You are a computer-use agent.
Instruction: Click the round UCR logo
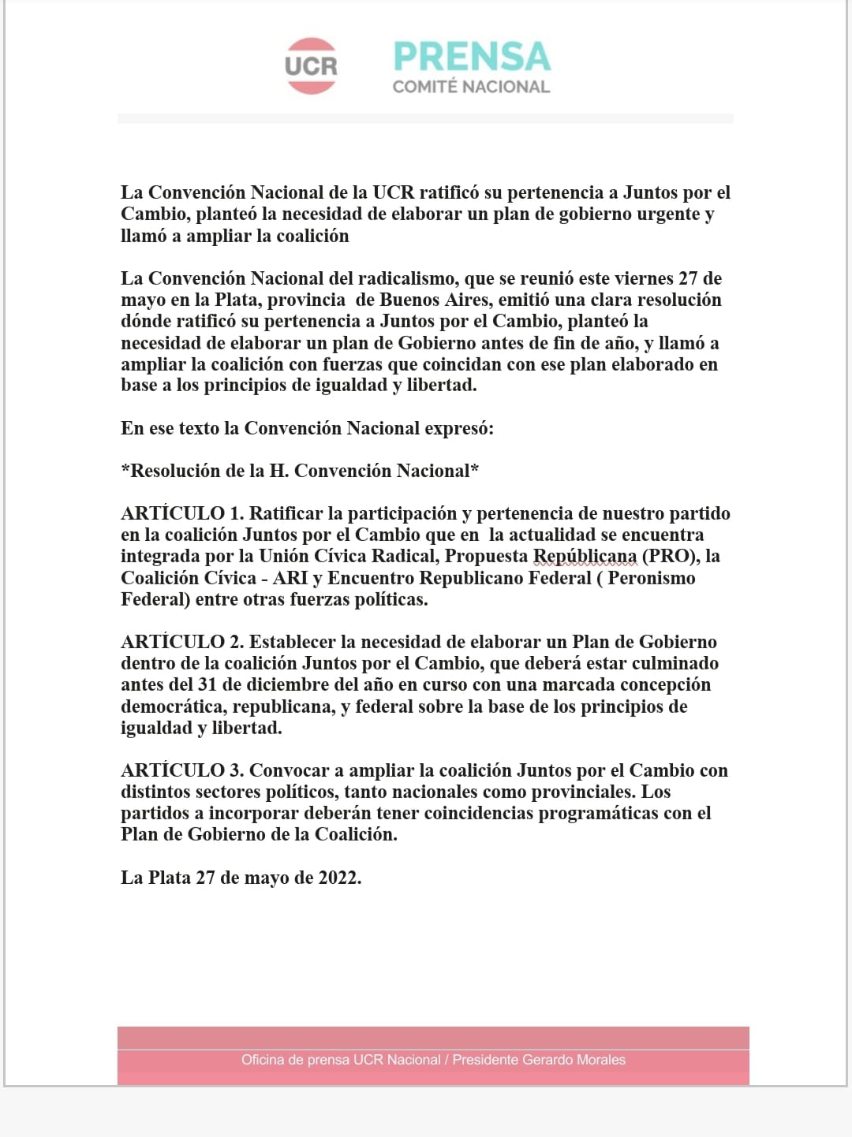311,66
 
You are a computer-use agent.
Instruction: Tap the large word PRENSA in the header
472,57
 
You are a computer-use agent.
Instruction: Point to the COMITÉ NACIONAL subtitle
471,87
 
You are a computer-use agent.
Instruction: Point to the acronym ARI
290,578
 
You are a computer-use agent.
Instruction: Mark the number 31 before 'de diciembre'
207,684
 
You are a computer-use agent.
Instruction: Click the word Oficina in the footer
263,1060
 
